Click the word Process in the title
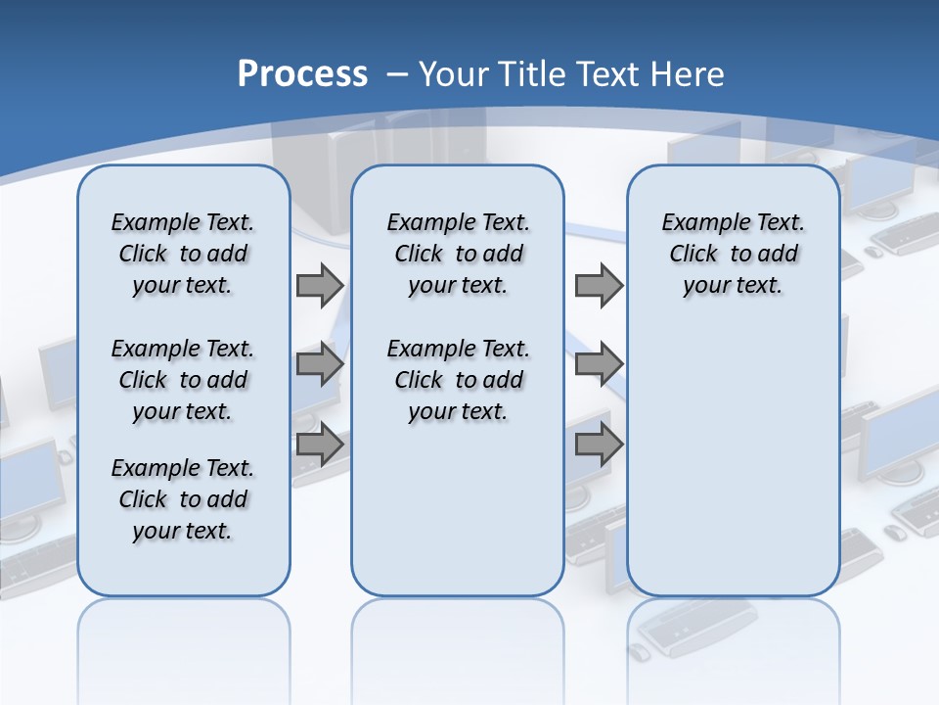coord(302,73)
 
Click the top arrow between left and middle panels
coord(319,285)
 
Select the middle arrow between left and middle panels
coord(319,365)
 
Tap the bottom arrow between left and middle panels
coord(319,445)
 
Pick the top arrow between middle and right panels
coord(599,285)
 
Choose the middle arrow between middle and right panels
coord(599,365)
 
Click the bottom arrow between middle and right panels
coord(599,445)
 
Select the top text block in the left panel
coord(183,254)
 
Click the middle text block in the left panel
coord(183,380)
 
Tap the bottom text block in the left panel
coord(183,499)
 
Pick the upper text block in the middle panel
coord(458,254)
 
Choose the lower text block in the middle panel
coord(458,380)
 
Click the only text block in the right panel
coord(733,254)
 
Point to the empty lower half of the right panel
coord(733,470)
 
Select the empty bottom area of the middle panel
coord(458,519)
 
